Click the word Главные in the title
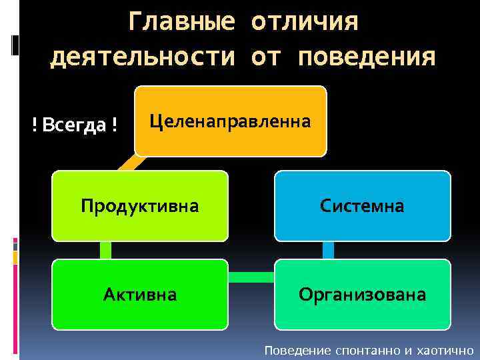pyautogui.click(x=181, y=21)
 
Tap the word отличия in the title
pyautogui.click(x=304, y=21)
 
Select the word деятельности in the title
pyautogui.click(x=143, y=57)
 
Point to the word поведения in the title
pyautogui.click(x=367, y=57)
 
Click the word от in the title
pyautogui.click(x=266, y=57)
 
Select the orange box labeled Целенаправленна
pyautogui.click(x=230, y=121)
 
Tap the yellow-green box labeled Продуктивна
pyautogui.click(x=140, y=205)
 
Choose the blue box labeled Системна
pyautogui.click(x=362, y=205)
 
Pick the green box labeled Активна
pyautogui.click(x=140, y=294)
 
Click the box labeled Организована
pyautogui.click(x=362, y=294)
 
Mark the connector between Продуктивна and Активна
pyautogui.click(x=105, y=250)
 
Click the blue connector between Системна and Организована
pyautogui.click(x=328, y=250)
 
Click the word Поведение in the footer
pyautogui.click(x=292, y=350)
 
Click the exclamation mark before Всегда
pyautogui.click(x=35, y=124)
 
